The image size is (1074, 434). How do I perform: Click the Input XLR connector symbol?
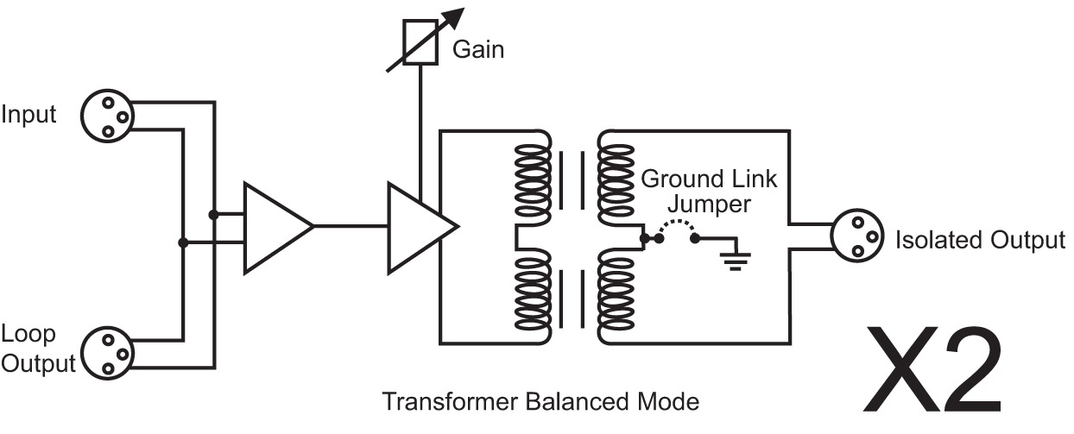pos(108,116)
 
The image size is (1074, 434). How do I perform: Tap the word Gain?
pos(478,50)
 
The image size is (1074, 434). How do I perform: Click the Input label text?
pos(28,115)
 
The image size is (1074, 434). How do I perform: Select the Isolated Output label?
pos(980,240)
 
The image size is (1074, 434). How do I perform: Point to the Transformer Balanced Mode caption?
pos(540,402)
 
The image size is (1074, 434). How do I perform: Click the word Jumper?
pos(709,205)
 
